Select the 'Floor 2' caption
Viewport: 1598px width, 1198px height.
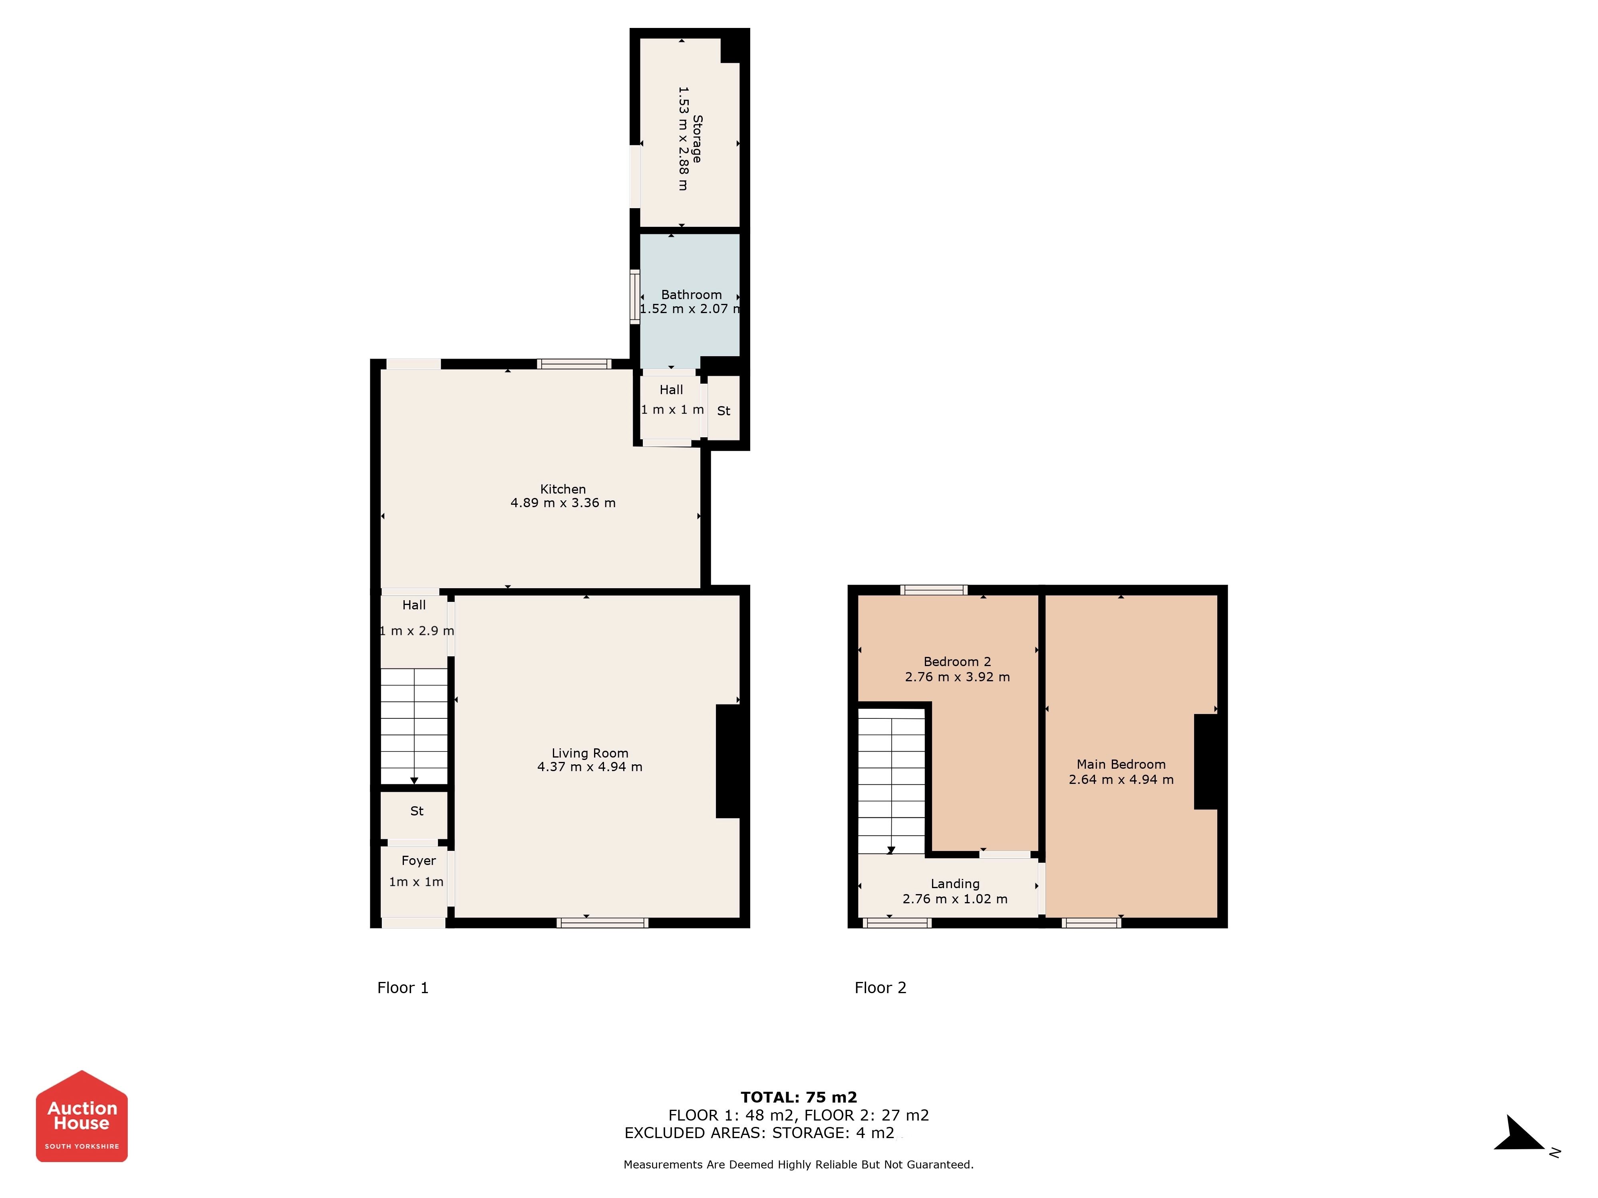pyautogui.click(x=880, y=988)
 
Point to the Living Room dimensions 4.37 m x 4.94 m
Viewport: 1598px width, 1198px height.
pyautogui.click(x=590, y=767)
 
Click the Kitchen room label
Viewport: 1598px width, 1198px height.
pyautogui.click(x=563, y=489)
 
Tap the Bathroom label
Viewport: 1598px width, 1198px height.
pyautogui.click(x=692, y=295)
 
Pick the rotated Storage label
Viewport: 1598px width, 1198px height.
pyautogui.click(x=697, y=139)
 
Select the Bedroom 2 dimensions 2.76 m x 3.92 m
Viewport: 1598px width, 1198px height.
pyautogui.click(x=957, y=676)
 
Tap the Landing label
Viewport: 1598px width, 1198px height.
pyautogui.click(x=955, y=884)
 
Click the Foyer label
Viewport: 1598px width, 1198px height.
pyautogui.click(x=418, y=861)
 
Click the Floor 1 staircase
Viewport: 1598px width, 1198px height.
pyautogui.click(x=414, y=726)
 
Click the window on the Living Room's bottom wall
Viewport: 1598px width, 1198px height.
pyautogui.click(x=602, y=922)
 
